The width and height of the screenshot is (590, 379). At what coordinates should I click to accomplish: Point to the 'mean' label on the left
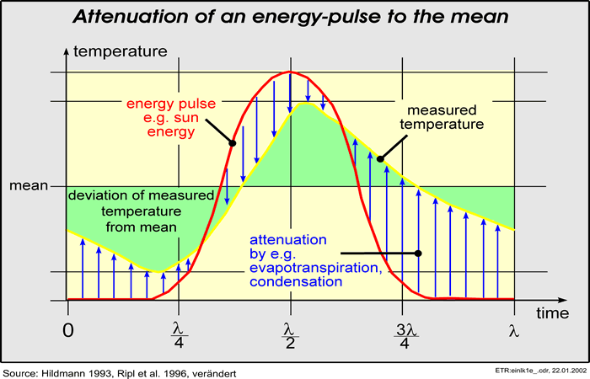[28, 185]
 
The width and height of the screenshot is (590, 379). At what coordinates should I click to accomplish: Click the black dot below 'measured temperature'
[380, 157]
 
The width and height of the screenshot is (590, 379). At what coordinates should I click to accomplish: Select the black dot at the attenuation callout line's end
[419, 253]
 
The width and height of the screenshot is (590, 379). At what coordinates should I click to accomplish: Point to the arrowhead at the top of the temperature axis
[66, 49]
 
